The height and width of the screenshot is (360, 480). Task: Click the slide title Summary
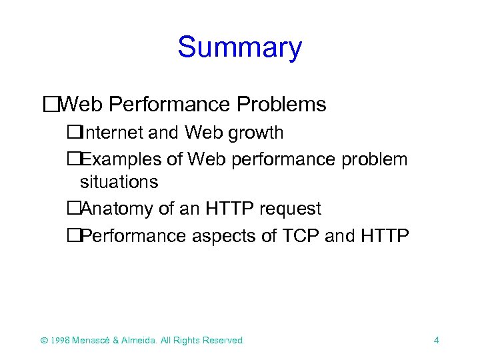pyautogui.click(x=239, y=48)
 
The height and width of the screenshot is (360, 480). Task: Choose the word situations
pyautogui.click(x=119, y=181)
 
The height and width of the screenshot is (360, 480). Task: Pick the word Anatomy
pyautogui.click(x=117, y=209)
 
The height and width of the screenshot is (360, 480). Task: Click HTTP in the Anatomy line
pyautogui.click(x=229, y=209)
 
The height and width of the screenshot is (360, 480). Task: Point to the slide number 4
pyautogui.click(x=436, y=340)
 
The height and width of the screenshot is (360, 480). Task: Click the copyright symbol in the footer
pyautogui.click(x=45, y=340)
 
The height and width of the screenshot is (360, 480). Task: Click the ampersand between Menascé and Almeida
pyautogui.click(x=115, y=340)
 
